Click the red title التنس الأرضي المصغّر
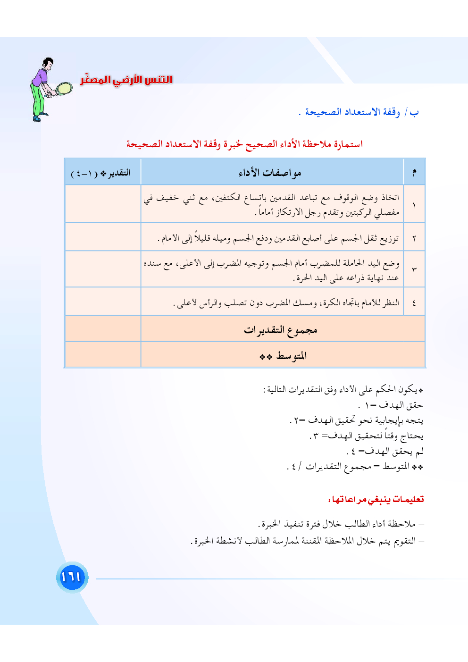(126, 79)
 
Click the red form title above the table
(244, 144)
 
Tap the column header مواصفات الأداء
(270, 173)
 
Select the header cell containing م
(414, 173)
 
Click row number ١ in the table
(414, 205)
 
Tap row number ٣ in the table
(414, 270)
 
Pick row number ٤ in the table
(414, 302)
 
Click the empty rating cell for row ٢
(103, 237)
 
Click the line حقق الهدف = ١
(391, 405)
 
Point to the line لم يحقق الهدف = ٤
(385, 452)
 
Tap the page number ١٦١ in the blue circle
(72, 577)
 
